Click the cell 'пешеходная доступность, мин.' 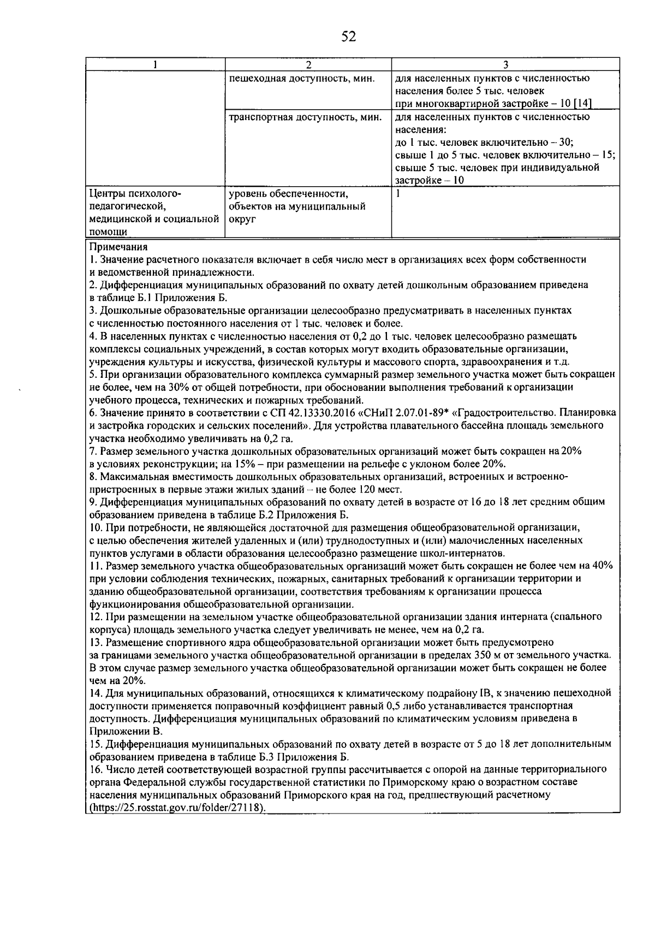301,78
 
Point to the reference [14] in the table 582,104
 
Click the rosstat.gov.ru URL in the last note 178,808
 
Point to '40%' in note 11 602,565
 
